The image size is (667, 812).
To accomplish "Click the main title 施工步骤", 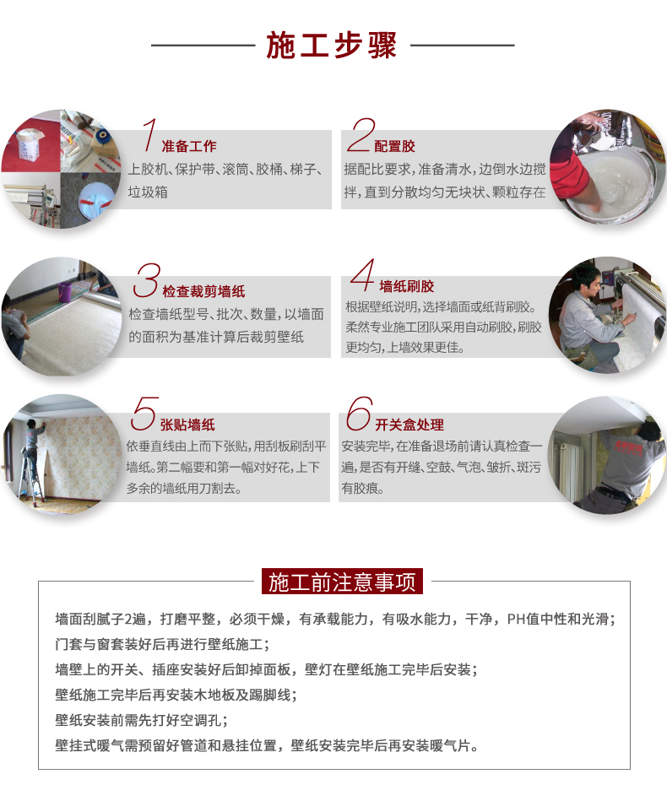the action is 332,45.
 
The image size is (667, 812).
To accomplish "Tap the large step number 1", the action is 149,135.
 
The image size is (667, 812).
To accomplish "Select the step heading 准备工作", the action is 189,146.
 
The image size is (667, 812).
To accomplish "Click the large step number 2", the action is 361,135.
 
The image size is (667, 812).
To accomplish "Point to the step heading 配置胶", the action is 394,146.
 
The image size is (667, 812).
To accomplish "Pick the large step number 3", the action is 148,280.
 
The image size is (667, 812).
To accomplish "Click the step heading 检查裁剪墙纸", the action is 203,291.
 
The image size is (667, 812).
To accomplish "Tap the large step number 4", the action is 362,275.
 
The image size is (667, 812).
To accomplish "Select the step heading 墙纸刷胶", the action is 406,286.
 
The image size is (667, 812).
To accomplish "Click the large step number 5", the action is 144,414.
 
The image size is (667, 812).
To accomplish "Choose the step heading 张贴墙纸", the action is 187,425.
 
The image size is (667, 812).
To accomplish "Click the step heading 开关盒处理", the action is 409,425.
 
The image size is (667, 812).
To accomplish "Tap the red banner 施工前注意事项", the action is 342,582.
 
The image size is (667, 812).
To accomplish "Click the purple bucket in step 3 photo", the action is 65,292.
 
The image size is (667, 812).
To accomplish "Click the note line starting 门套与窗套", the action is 163,644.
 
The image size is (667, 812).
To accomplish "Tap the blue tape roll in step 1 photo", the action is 102,138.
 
